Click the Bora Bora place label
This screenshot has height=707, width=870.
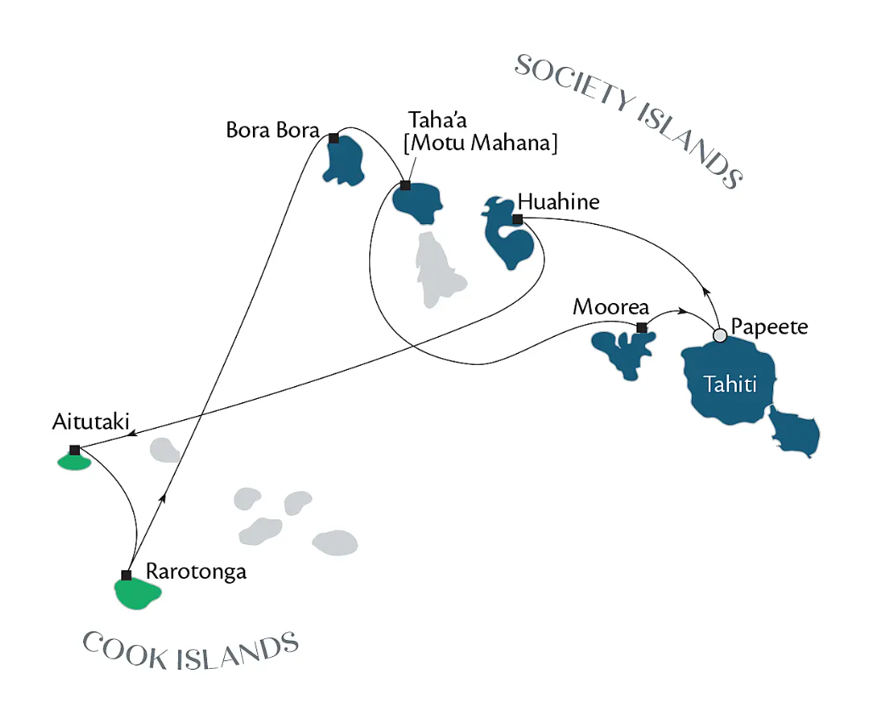(272, 131)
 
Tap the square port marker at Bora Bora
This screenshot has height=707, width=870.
(334, 138)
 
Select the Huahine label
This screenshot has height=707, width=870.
(558, 202)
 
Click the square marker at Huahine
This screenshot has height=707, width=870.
(517, 219)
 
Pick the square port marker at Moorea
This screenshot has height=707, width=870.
(642, 328)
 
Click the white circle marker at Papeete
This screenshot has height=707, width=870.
(721, 336)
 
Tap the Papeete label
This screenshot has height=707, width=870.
(770, 327)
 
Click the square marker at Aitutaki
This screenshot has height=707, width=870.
(75, 450)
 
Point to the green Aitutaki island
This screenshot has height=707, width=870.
(73, 463)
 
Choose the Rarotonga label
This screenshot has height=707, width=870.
(196, 571)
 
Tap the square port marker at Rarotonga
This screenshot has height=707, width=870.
(126, 575)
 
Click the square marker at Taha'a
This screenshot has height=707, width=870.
(405, 185)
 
